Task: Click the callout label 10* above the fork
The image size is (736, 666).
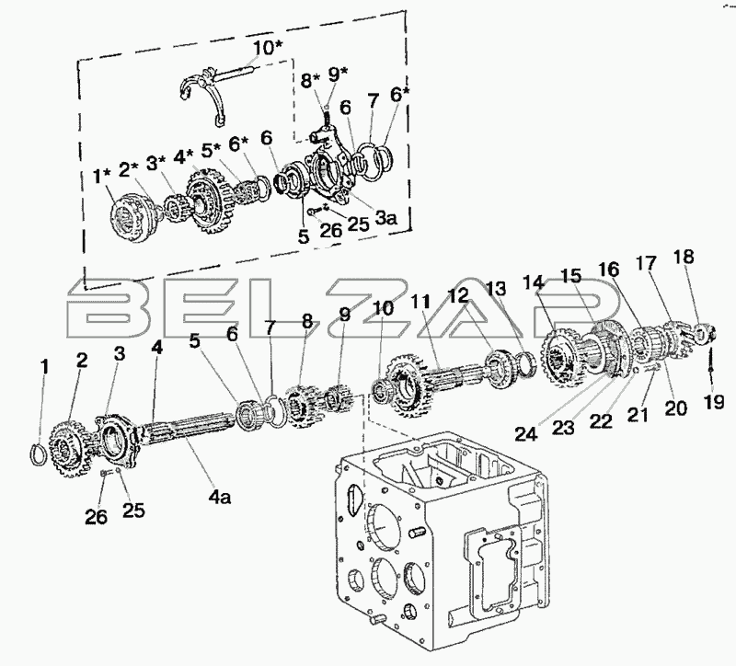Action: pos(268,48)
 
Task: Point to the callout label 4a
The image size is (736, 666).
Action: pos(219,497)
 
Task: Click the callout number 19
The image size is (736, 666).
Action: pos(714,403)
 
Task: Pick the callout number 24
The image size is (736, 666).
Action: pos(526,434)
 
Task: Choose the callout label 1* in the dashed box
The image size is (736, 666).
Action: pos(102,177)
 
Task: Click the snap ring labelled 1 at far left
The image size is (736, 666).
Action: pos(39,454)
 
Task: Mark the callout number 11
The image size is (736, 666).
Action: pos(420,302)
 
